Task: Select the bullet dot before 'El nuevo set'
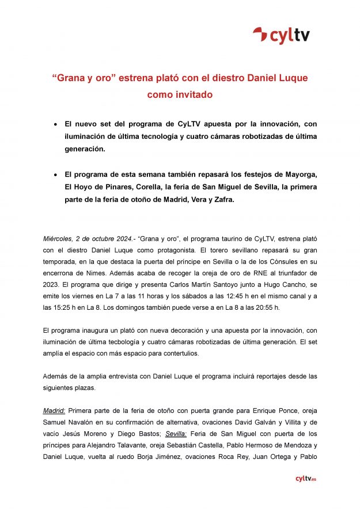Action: (55, 124)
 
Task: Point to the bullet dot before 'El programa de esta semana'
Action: (55, 174)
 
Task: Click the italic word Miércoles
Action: (59, 238)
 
